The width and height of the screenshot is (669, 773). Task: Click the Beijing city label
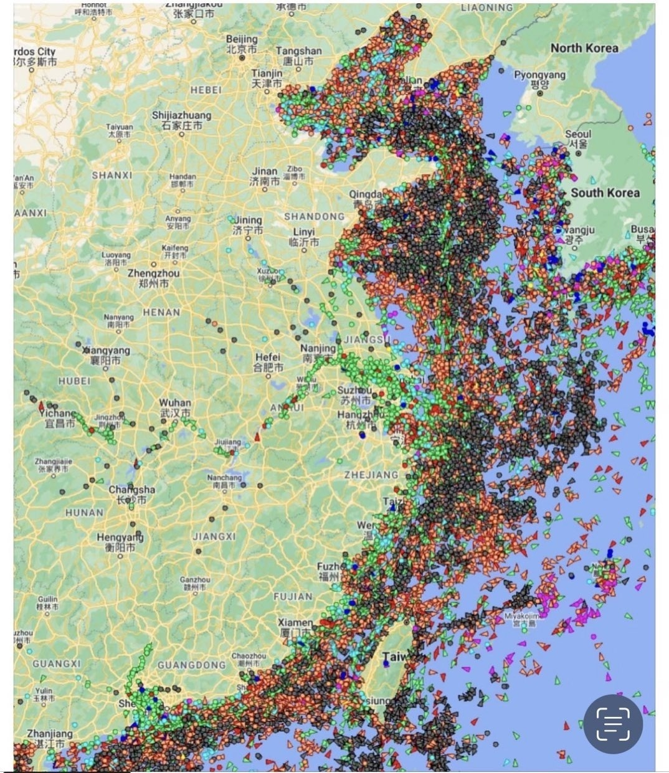click(x=242, y=44)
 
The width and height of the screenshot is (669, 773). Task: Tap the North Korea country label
click(x=584, y=49)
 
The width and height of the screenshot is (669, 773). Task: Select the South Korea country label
click(x=605, y=192)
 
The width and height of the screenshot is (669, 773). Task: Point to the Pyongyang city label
click(x=540, y=79)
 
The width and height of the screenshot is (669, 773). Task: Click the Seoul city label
click(x=578, y=138)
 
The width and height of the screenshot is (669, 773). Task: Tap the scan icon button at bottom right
click(x=613, y=724)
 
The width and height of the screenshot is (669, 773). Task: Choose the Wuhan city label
click(x=174, y=408)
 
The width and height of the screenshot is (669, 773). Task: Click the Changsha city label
click(x=131, y=495)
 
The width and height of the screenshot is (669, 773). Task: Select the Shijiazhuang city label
click(x=181, y=120)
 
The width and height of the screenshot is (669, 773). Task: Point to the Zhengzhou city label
click(x=153, y=278)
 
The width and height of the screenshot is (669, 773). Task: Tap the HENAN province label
click(x=161, y=312)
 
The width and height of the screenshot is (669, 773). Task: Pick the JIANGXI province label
click(x=214, y=536)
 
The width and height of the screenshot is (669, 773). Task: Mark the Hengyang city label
click(x=120, y=542)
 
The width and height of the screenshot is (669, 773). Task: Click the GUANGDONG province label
click(x=191, y=665)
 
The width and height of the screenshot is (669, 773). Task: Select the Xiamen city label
click(x=295, y=627)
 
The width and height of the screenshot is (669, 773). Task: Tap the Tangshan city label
click(x=298, y=55)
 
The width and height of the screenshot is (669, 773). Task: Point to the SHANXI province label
click(x=112, y=175)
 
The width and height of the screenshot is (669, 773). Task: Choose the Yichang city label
click(x=58, y=418)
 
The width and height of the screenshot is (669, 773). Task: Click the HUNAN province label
click(x=84, y=512)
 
